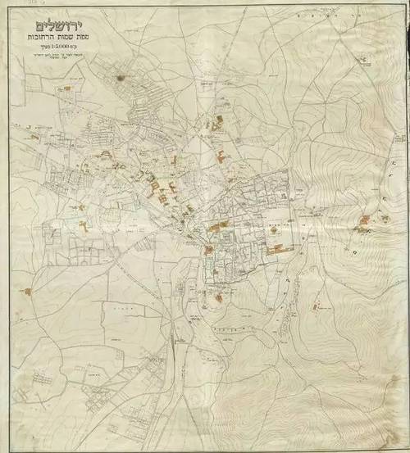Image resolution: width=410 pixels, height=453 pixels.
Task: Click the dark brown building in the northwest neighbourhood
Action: pos(121,78)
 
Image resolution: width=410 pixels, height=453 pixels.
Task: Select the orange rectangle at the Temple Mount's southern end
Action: pos(280,245)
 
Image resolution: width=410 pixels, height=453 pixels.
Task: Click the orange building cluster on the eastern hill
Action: pos(365,220)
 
